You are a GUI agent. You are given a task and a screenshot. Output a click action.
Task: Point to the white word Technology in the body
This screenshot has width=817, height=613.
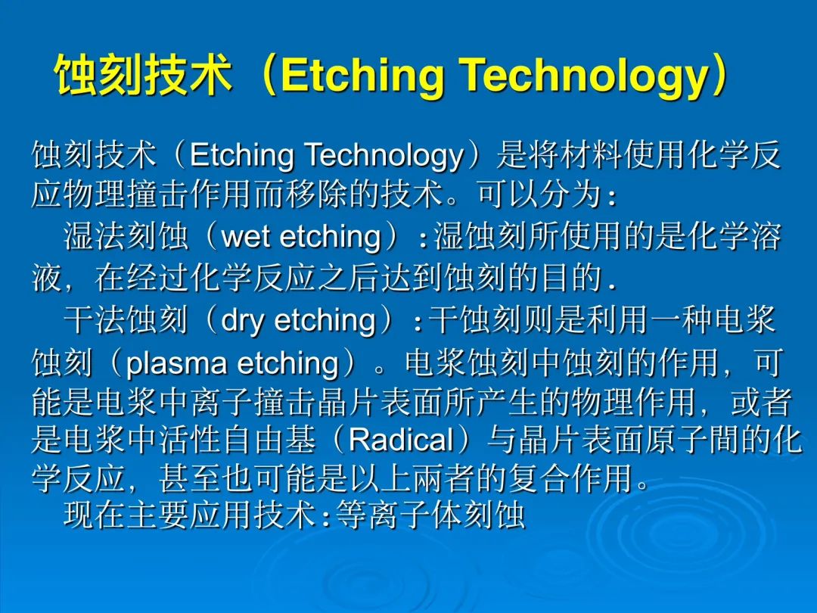point(384,155)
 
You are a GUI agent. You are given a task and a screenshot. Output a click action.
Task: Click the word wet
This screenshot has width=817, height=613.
point(247,237)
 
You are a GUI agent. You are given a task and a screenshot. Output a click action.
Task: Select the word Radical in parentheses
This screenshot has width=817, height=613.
point(401,440)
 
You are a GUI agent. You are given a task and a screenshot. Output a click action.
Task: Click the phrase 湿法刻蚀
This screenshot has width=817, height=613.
point(126,236)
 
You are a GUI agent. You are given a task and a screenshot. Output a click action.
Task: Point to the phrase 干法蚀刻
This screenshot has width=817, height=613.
point(126,319)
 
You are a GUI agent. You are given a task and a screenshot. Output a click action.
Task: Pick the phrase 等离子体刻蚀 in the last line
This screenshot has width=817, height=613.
point(430,515)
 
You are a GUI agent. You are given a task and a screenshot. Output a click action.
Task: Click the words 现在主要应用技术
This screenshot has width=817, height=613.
point(190,515)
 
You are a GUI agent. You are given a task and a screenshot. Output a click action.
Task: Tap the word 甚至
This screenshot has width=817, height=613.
point(190,478)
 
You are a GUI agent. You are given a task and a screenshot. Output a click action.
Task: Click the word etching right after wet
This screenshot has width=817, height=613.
point(331,237)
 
